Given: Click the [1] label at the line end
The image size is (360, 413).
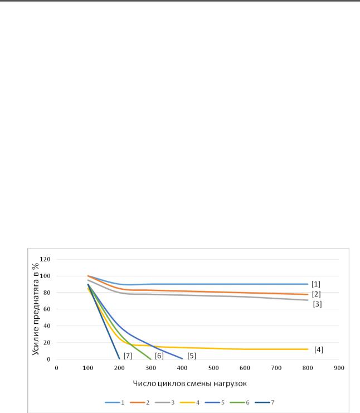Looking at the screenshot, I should tap(315, 284).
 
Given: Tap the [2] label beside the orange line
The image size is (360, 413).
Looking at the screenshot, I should tap(316, 294).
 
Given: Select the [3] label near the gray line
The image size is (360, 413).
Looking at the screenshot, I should tap(317, 304).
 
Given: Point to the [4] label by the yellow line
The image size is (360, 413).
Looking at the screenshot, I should tap(319, 349).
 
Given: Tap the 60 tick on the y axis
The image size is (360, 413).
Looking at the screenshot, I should tap(47, 309).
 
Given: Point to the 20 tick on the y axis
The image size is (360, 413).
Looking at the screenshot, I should tap(47, 343).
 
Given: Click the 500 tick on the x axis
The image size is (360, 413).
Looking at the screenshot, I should tap(213, 368).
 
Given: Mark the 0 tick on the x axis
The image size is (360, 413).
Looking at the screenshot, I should tap(56, 368).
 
